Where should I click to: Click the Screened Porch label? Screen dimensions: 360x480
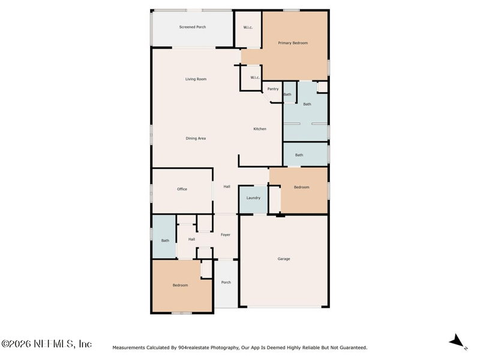point(192,27)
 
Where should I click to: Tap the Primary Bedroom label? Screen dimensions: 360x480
point(293,43)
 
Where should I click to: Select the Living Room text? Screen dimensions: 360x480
point(196,79)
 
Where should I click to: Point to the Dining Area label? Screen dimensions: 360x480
point(196,139)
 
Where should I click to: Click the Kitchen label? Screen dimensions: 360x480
point(260,129)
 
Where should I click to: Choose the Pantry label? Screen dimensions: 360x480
point(273,89)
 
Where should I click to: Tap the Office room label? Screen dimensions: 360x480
point(182,189)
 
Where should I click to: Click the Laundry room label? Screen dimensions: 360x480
point(253,198)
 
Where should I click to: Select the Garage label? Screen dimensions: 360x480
point(284,259)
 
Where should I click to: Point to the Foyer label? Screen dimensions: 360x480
point(226,235)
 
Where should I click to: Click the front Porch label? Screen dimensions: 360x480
point(226,283)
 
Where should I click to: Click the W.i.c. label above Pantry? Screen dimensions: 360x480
point(254,77)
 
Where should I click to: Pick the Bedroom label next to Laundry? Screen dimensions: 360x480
point(301,187)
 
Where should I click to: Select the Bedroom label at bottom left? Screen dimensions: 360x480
point(180,286)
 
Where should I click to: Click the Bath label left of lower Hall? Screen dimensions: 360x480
point(164,241)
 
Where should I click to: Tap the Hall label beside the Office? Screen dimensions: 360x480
point(227,187)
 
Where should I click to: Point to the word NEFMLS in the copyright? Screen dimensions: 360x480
point(54,344)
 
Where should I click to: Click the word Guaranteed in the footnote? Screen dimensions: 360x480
point(352,347)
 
